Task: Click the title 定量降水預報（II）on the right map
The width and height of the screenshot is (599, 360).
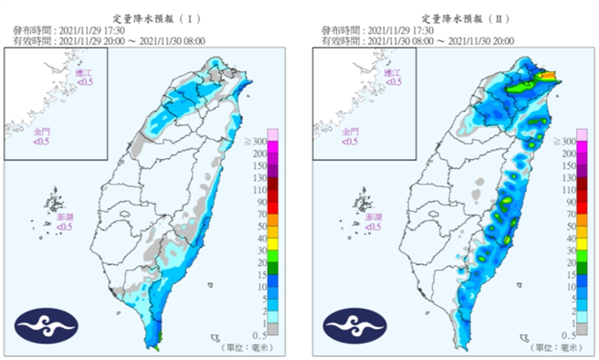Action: (x=464, y=17)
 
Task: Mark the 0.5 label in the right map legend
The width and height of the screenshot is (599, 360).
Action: (x=567, y=334)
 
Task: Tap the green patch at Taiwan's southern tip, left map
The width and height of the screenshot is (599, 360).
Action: (x=157, y=346)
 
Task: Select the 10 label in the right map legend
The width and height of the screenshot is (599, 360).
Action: (x=568, y=286)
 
